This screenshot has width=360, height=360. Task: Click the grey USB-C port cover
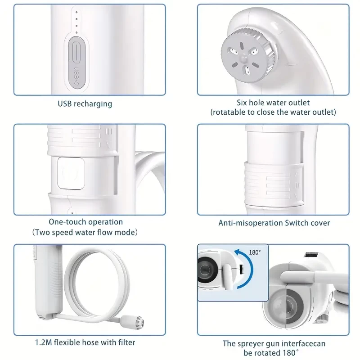point(77,62)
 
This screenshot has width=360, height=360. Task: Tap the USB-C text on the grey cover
point(76,76)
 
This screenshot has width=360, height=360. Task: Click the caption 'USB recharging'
point(85,104)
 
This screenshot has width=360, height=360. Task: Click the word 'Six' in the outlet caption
point(242,103)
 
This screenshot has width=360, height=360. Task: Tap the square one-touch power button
point(71,173)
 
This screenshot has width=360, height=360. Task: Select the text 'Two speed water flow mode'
point(85,232)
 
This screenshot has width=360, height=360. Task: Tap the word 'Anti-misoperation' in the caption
point(251,223)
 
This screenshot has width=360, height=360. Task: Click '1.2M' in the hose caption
point(44,342)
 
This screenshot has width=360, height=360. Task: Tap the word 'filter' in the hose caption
point(126,342)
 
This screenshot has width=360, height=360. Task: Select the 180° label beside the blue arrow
point(255,252)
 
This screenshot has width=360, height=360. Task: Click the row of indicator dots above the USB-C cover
point(76,22)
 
